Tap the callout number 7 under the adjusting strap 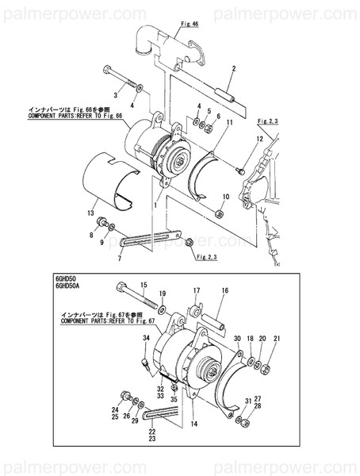pos(120,259)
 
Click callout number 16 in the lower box pos(224,291)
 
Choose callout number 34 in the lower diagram pos(146,339)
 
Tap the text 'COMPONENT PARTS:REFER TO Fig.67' pos(110,322)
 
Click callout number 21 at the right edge pos(277,339)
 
